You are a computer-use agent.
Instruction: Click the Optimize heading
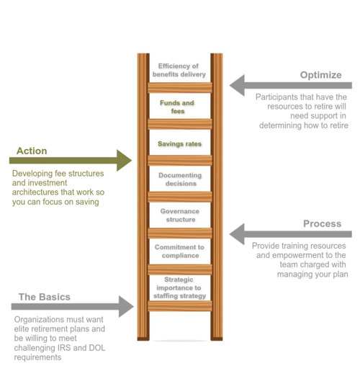tap(321, 75)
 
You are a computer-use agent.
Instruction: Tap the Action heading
tap(32, 151)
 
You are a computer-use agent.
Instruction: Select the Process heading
tap(323, 224)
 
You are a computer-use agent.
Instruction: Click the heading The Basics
tap(45, 297)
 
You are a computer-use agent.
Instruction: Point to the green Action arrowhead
tap(124, 161)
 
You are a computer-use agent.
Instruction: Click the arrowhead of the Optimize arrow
tap(237, 85)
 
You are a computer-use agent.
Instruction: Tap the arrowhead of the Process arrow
tap(237, 234)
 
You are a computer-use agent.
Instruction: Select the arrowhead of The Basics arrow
tap(126, 307)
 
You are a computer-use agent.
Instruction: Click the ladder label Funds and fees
tap(177, 107)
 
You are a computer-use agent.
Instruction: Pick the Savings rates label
tap(179, 144)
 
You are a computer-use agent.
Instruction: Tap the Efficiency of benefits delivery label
tap(179, 70)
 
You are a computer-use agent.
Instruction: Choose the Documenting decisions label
tap(180, 179)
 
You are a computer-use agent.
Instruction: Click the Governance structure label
tap(180, 215)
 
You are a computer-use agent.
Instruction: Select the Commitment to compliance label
tap(179, 251)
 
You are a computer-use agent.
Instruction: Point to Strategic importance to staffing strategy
tap(179, 287)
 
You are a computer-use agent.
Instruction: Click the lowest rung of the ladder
tap(180, 306)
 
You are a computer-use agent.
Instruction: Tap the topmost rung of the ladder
tap(180, 88)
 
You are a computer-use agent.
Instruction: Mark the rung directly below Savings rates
tap(180, 161)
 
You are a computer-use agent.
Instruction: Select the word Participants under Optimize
tap(276, 97)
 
